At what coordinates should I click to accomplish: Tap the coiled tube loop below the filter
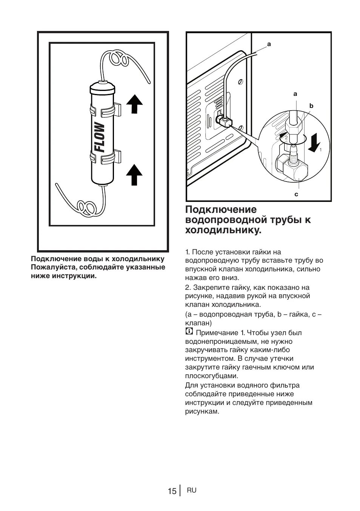[85, 207]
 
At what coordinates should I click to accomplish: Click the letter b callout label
[311, 106]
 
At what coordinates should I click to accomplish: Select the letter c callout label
[296, 194]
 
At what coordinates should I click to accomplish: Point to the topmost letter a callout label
[269, 44]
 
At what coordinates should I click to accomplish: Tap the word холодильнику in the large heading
[223, 230]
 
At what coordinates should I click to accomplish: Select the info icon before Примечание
[189, 332]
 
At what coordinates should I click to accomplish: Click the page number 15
[172, 491]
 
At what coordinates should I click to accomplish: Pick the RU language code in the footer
[191, 490]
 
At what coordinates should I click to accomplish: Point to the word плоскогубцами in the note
[211, 376]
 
